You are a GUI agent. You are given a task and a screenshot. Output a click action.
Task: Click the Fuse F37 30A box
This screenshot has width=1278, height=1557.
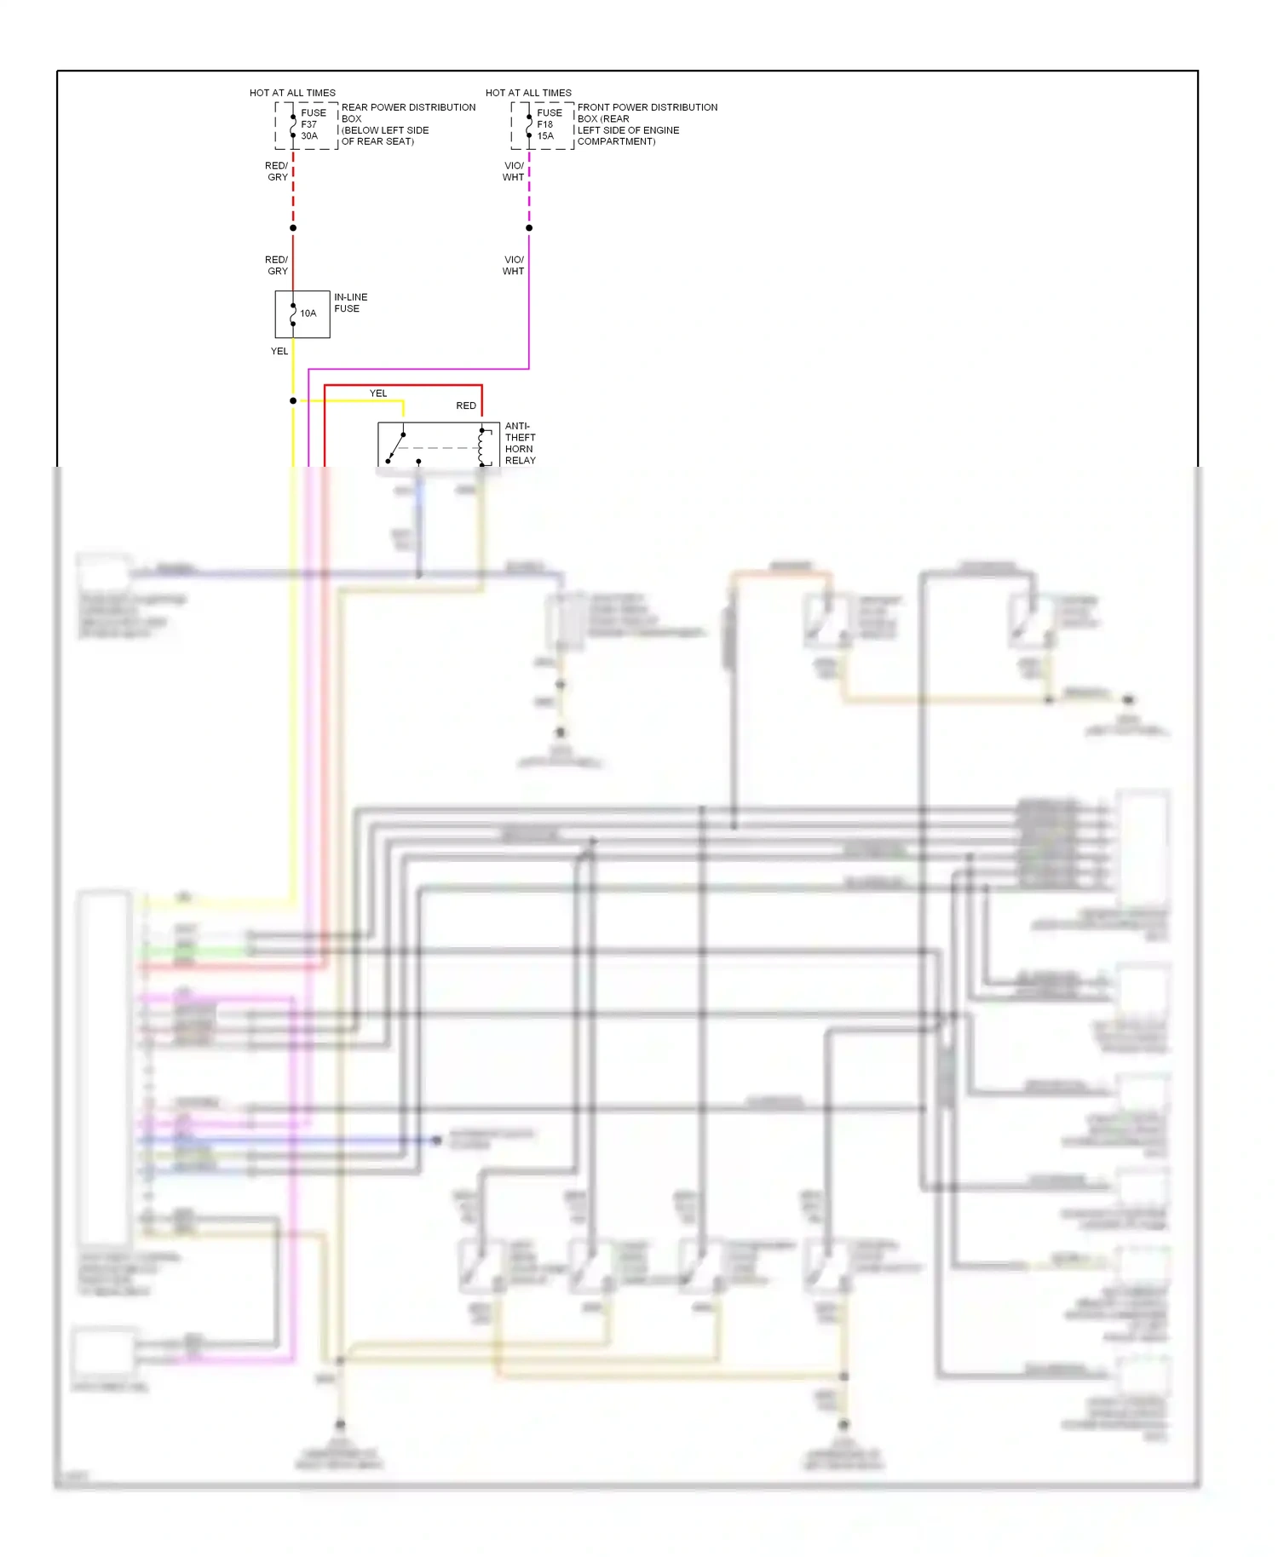306,125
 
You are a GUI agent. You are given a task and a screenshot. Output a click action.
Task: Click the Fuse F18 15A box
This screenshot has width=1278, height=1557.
542,125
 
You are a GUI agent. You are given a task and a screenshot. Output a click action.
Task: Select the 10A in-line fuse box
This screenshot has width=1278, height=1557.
302,314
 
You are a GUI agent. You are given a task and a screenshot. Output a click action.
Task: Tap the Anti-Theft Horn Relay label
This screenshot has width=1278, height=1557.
520,443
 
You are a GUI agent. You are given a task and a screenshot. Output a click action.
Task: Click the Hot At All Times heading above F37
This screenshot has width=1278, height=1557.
292,93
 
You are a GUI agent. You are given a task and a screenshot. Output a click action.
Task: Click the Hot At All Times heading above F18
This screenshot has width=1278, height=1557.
528,93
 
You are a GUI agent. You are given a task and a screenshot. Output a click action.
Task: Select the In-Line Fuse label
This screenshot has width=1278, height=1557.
350,303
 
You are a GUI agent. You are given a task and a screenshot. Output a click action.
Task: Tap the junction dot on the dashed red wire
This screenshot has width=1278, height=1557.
293,228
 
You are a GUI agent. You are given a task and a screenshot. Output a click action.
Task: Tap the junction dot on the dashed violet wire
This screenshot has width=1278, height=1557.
529,228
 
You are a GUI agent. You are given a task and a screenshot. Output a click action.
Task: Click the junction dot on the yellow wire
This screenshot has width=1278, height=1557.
293,400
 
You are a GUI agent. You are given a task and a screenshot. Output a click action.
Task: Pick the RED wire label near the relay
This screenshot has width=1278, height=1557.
465,405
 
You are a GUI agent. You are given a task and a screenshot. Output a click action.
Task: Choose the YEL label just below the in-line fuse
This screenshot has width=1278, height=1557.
279,351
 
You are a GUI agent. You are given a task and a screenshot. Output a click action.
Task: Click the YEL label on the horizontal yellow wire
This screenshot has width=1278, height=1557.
378,394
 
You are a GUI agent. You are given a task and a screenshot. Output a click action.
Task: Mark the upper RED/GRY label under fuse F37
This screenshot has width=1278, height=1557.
277,171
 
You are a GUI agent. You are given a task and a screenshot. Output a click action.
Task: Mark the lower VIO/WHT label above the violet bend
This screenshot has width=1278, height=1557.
513,265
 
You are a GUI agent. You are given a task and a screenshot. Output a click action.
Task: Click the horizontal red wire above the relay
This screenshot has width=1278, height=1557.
400,386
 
